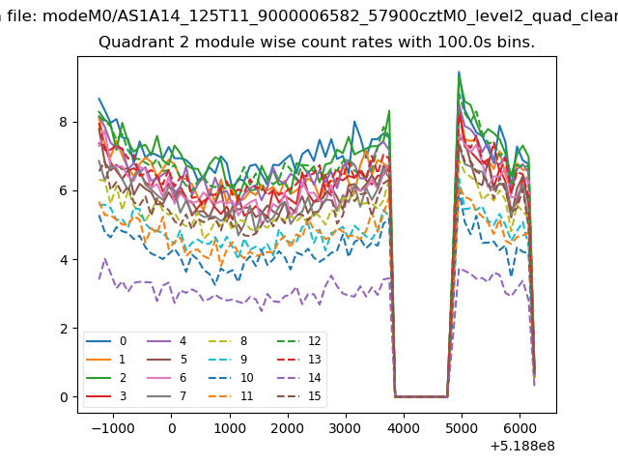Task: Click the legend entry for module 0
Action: click(x=106, y=341)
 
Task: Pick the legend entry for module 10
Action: click(x=231, y=378)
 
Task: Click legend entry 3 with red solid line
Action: click(x=106, y=395)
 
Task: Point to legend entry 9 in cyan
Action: click(x=228, y=359)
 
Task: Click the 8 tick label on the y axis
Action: click(x=64, y=122)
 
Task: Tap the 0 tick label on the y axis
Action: click(x=64, y=397)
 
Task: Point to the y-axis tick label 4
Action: click(x=64, y=260)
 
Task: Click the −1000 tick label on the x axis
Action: click(x=113, y=428)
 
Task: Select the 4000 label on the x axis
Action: click(x=404, y=428)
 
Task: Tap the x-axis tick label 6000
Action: click(x=520, y=428)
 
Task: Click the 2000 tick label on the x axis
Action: click(x=288, y=428)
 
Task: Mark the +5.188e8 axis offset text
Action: click(x=522, y=446)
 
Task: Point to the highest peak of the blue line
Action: click(x=459, y=72)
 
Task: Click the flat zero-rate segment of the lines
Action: click(x=421, y=396)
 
